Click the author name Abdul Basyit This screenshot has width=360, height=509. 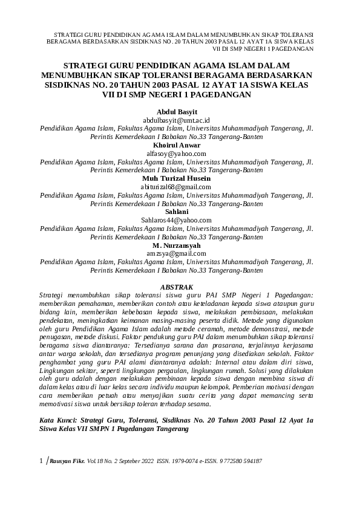pyautogui.click(x=176, y=112)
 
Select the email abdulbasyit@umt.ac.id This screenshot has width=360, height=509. pyautogui.click(x=176, y=121)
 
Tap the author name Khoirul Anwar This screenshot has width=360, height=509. pyautogui.click(x=176, y=146)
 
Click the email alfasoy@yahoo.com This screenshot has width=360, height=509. pyautogui.click(x=176, y=154)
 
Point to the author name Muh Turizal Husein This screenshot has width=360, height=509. pyautogui.click(x=176, y=179)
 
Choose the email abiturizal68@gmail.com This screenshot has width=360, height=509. pyautogui.click(x=176, y=187)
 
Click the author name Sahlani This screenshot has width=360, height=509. pyautogui.click(x=176, y=212)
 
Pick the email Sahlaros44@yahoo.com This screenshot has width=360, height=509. pyautogui.click(x=176, y=221)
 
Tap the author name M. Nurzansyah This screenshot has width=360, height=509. pyautogui.click(x=176, y=245)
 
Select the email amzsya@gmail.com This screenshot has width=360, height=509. pyautogui.click(x=176, y=254)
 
